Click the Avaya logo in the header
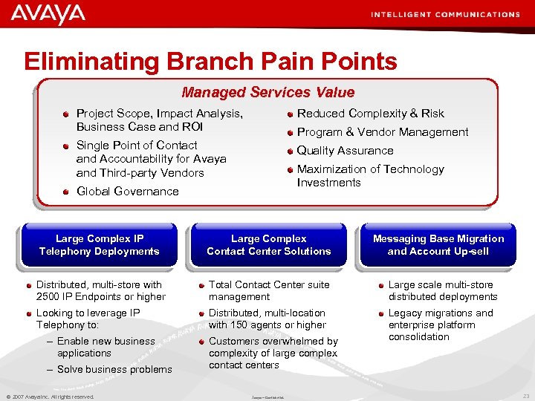[48, 14]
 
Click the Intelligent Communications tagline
[444, 14]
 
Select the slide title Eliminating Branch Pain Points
[210, 61]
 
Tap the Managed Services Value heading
[268, 92]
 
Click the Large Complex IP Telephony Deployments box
[99, 245]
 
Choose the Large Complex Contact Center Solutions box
[268, 245]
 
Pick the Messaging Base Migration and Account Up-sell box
[438, 245]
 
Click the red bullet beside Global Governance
[66, 192]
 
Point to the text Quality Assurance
[345, 151]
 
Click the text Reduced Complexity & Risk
[370, 114]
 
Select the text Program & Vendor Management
[382, 132]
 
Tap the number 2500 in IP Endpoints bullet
[48, 297]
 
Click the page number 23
[525, 397]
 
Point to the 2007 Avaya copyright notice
[50, 397]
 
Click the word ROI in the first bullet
[192, 127]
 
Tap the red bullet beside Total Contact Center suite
[202, 285]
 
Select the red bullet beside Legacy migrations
[381, 313]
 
